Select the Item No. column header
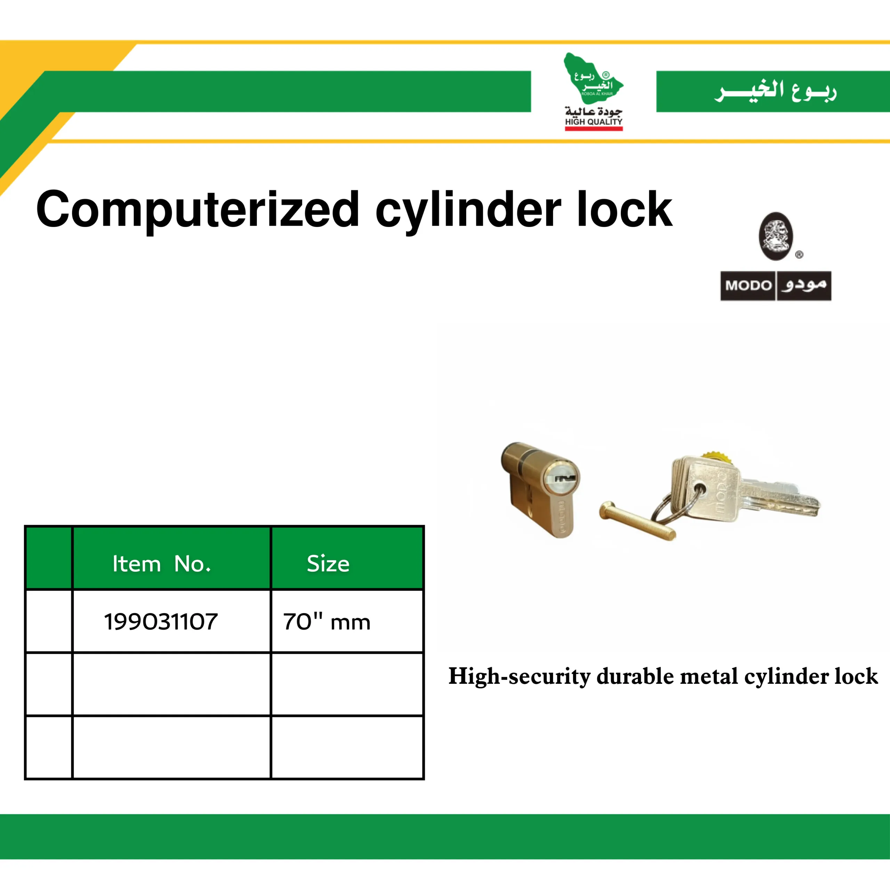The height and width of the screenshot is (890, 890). [162, 564]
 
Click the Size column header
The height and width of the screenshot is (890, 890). [328, 564]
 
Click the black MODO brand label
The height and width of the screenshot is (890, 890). [776, 286]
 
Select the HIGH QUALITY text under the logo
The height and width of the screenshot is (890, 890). [594, 122]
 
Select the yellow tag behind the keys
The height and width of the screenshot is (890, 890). [715, 458]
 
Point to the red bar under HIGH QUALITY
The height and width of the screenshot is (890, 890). [594, 129]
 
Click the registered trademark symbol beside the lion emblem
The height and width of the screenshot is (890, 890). [799, 254]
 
